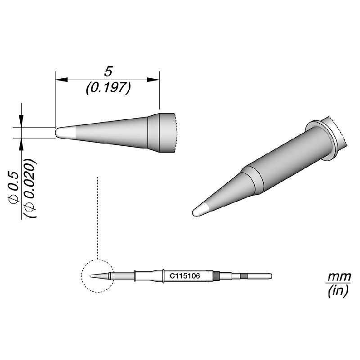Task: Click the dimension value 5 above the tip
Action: [x=108, y=71]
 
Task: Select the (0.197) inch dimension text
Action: [x=108, y=88]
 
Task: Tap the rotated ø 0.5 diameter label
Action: [x=14, y=188]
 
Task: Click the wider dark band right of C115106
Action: [x=216, y=276]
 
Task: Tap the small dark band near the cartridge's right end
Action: [x=243, y=276]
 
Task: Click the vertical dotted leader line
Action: [x=98, y=216]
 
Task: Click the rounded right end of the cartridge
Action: [x=270, y=276]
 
